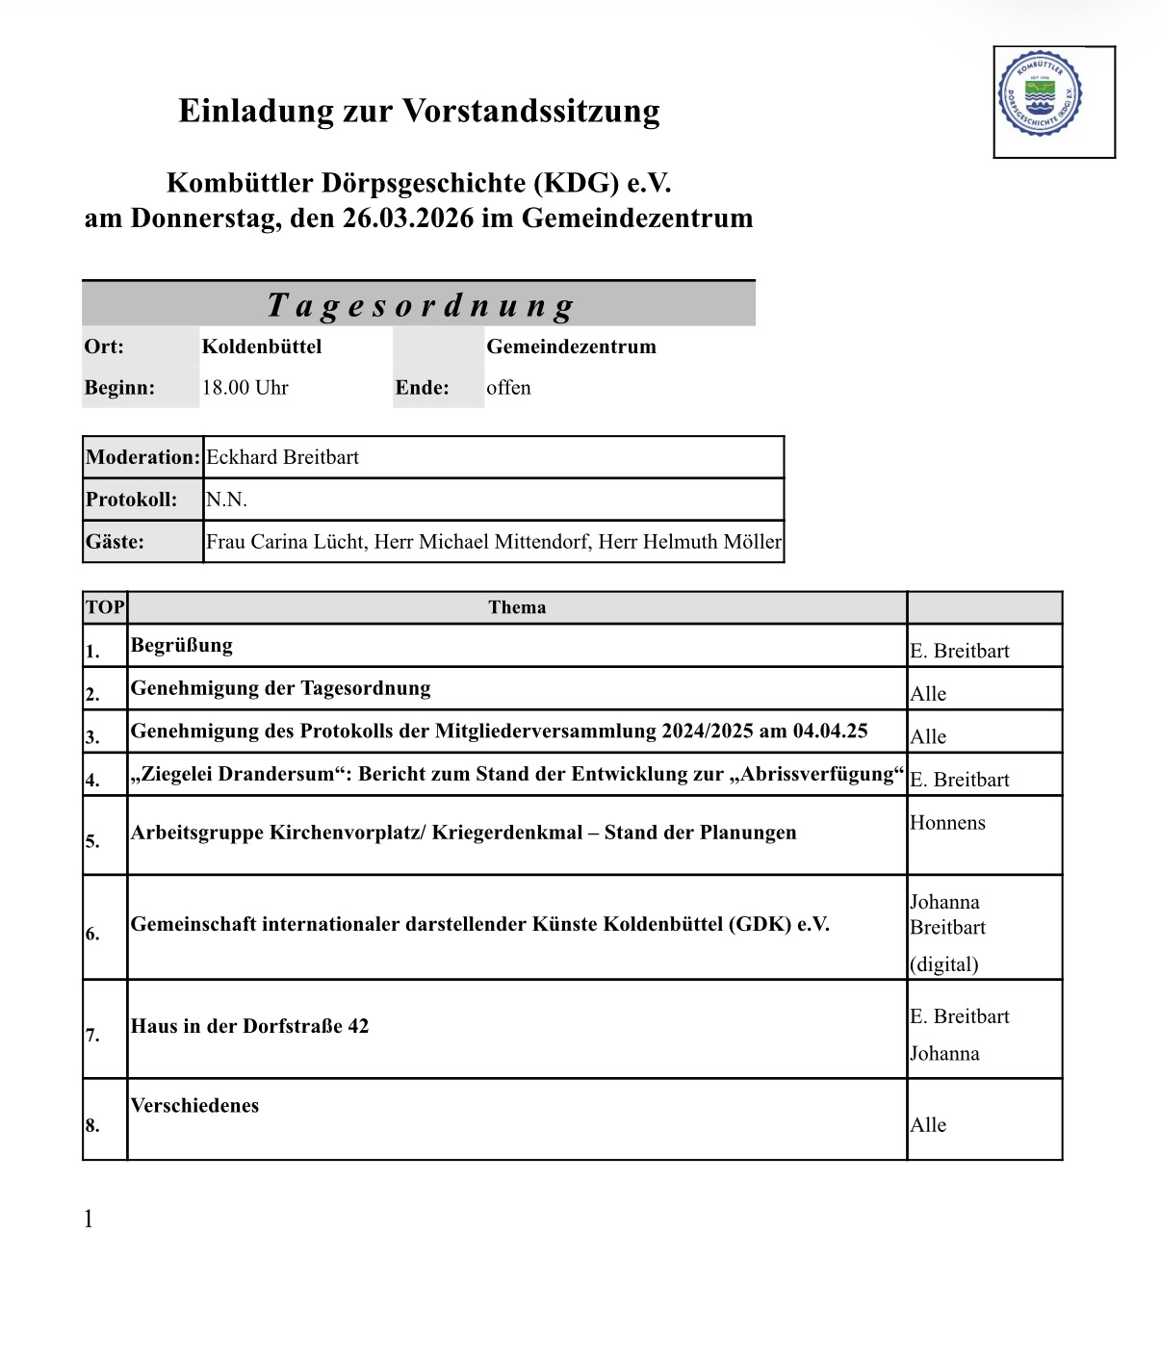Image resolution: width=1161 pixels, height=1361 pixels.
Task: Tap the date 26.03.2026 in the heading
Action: point(408,218)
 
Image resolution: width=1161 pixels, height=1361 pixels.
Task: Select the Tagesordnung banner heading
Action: point(420,305)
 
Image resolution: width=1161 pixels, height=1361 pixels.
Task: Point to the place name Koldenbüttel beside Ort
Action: point(262,347)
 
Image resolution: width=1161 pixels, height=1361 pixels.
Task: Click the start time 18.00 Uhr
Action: point(245,388)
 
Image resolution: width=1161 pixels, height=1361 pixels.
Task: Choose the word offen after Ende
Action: point(508,388)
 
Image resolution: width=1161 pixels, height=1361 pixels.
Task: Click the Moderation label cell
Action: point(142,457)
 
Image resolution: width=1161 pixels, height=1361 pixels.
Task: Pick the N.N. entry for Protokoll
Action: point(226,500)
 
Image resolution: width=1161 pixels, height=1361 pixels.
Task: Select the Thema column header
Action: point(517,607)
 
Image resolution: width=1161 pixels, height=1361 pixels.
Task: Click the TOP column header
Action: point(105,607)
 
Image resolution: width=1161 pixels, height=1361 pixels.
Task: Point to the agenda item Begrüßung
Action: point(182,646)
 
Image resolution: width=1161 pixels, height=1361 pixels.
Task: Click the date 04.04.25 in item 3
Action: point(830,731)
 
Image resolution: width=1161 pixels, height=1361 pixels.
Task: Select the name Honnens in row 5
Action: point(947,823)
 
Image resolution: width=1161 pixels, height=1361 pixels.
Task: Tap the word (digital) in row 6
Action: point(943,964)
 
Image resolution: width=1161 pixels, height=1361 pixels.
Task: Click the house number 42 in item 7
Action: point(358,1026)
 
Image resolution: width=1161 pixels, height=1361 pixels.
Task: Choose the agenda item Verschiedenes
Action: point(194,1105)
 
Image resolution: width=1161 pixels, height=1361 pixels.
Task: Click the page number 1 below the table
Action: point(89,1220)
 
